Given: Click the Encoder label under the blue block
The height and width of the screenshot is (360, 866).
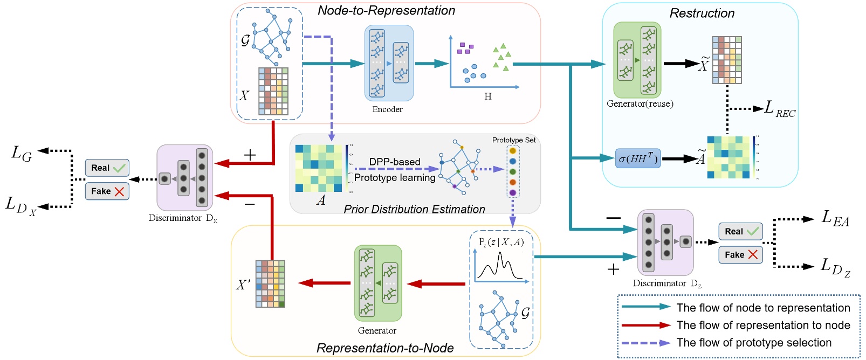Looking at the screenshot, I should tap(387, 109).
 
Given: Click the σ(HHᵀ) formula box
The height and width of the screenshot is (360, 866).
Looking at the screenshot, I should tap(638, 158).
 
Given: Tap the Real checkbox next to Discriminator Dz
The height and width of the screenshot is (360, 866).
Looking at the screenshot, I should tap(740, 232).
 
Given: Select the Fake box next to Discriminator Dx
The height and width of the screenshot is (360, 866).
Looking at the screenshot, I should tap(107, 191).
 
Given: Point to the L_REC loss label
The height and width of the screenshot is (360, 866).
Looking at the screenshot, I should tap(780, 109).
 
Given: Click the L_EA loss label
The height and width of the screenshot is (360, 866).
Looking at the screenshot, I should tap(835, 218).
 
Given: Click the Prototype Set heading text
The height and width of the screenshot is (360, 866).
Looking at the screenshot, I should tap(513, 140).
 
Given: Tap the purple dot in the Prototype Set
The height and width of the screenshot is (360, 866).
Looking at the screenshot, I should tap(512, 193).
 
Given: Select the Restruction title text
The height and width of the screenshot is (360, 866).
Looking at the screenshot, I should tap(702, 13).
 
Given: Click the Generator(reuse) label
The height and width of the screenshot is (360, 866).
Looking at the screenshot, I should tap(640, 103).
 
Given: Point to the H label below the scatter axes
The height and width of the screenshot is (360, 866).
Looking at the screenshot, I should tap(487, 96).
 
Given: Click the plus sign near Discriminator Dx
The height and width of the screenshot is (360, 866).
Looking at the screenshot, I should tap(250, 155).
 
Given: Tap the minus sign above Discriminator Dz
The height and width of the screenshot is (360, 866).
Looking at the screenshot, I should tap(613, 218).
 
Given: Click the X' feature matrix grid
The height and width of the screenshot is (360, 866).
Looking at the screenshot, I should tap(270, 284).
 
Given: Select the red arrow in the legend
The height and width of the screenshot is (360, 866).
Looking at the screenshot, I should tap(645, 326).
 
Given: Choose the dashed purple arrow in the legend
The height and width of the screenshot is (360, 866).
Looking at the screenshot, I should tap(645, 343).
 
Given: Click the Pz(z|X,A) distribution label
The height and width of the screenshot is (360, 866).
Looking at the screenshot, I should tap(501, 242).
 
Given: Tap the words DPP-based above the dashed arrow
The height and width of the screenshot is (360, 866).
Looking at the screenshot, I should tap(394, 162).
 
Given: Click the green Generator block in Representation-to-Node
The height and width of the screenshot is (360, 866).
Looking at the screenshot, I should tap(378, 283).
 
